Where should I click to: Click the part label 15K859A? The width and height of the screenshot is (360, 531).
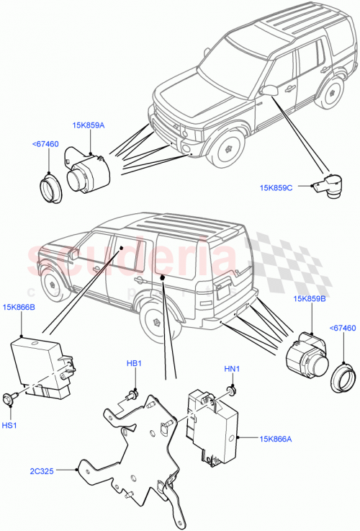click(87, 125)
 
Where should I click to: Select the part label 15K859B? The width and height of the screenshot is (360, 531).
click(310, 298)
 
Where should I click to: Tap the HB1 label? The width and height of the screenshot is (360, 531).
click(135, 363)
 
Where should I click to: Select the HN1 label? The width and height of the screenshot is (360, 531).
click(231, 370)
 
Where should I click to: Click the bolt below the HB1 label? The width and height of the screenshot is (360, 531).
click(131, 393)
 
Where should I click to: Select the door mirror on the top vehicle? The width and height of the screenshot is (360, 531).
click(271, 90)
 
